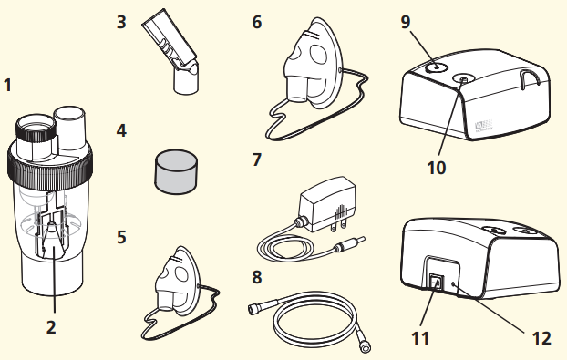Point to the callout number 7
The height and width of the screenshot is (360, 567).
256,160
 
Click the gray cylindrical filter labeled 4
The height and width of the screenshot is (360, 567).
173,173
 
